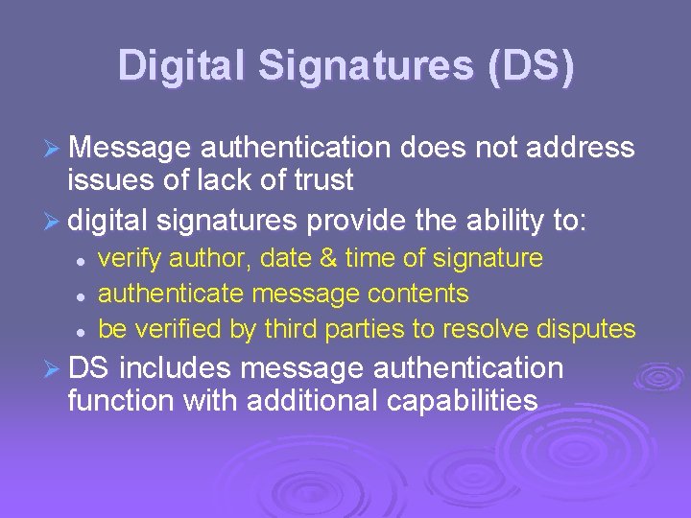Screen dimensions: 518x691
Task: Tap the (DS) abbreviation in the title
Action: click(530, 66)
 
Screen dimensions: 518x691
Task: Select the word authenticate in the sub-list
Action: click(173, 294)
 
